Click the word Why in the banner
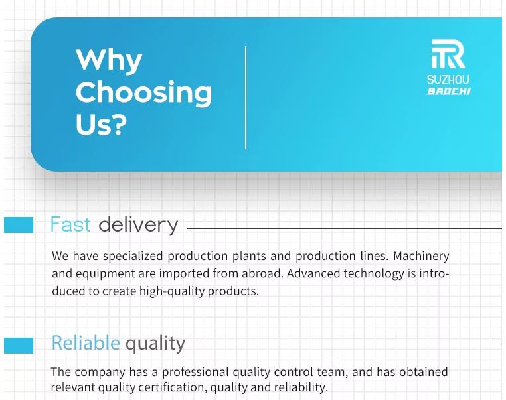pos(109,60)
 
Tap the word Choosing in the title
pos(143,93)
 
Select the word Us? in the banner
pos(101,124)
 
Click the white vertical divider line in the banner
pos(246,98)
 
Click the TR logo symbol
pos(448,54)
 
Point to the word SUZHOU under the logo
pos(448,80)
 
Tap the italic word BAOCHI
pos(448,92)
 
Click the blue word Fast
pos(70,224)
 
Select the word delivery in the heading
pos(138,225)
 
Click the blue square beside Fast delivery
pos(19,225)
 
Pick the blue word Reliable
pos(86,342)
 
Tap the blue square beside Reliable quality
pos(19,346)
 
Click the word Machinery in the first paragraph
pos(421,256)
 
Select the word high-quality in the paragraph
pos(172,291)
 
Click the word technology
pos(374,274)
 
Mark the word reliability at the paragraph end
pos(301,387)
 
